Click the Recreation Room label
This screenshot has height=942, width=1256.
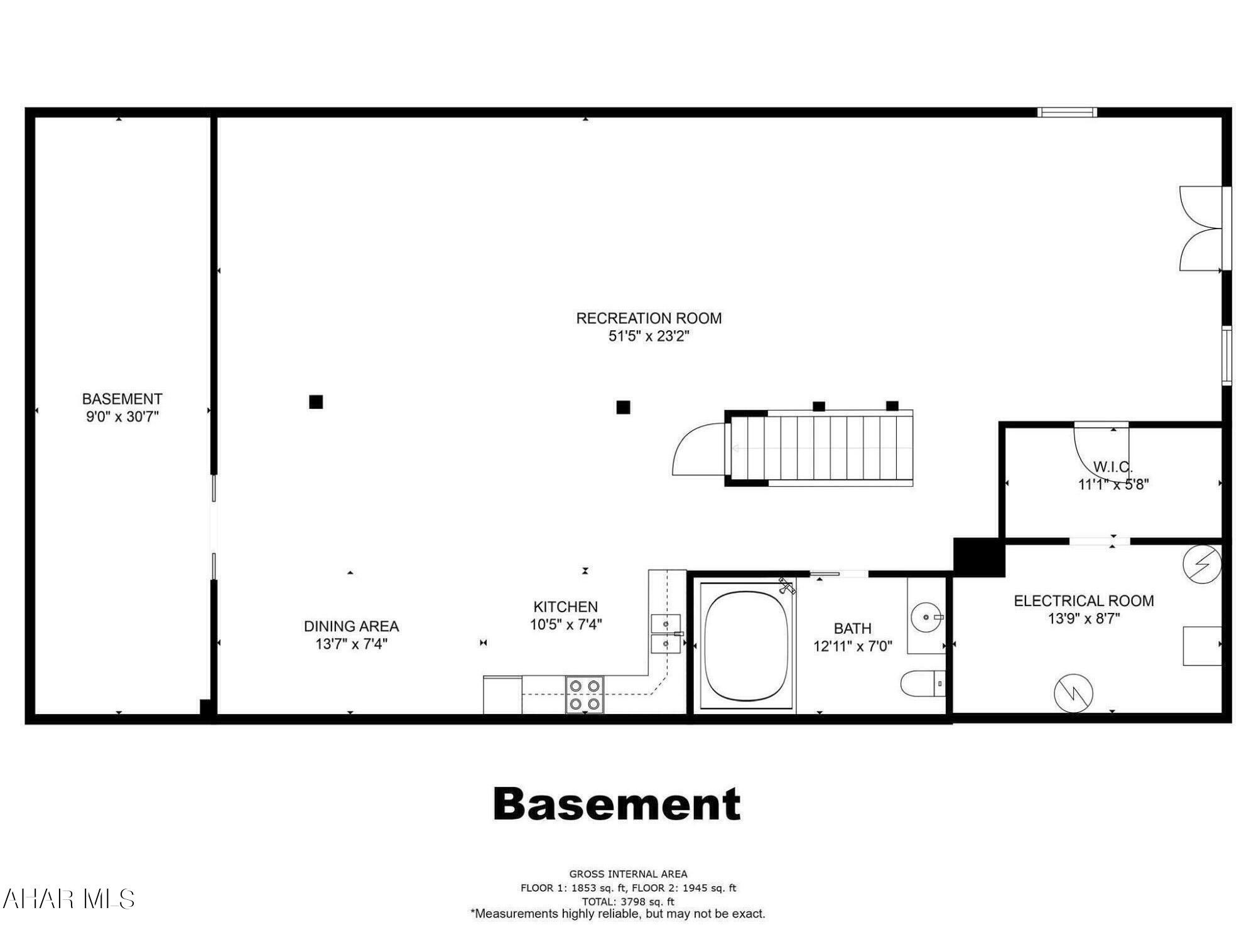click(x=649, y=318)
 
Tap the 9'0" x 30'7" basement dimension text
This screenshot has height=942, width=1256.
click(x=122, y=416)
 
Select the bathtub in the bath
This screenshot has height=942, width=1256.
click(x=745, y=647)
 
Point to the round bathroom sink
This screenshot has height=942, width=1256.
click(x=927, y=617)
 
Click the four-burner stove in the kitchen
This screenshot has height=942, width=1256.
click(x=585, y=695)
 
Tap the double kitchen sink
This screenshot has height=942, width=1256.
click(x=666, y=634)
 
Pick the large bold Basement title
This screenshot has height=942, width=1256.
click(x=617, y=804)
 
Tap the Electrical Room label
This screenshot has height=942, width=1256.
click(x=1084, y=601)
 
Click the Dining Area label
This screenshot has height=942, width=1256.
click(x=351, y=626)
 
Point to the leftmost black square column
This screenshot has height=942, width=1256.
click(x=316, y=402)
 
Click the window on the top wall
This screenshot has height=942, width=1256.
click(x=1067, y=112)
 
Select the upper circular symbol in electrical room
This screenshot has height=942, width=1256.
click(x=1202, y=563)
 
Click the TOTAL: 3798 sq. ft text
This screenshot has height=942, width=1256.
click(x=628, y=901)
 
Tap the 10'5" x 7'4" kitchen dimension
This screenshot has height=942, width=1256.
click(x=566, y=624)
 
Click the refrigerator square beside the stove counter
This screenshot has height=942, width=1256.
click(x=502, y=695)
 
